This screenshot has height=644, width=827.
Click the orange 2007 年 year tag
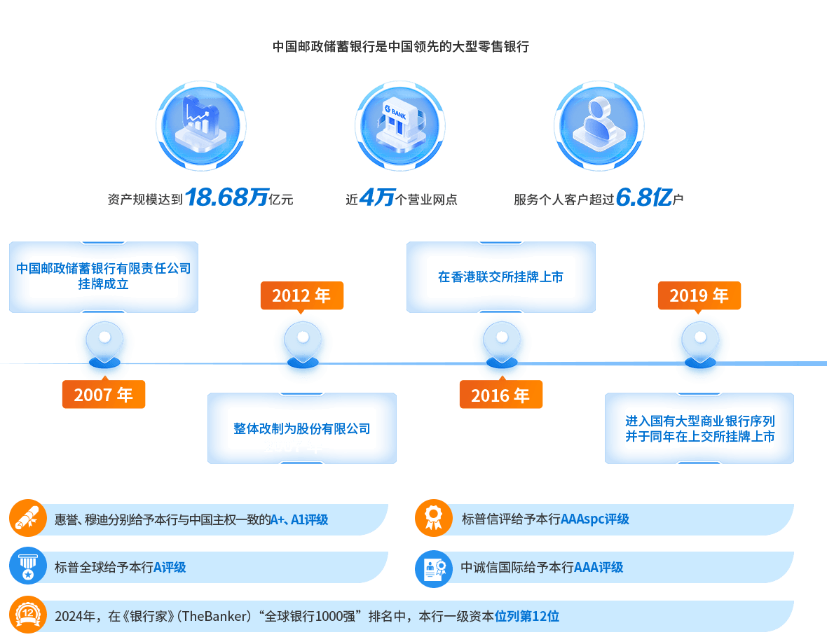tap(104, 394)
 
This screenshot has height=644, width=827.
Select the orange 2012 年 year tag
tap(301, 296)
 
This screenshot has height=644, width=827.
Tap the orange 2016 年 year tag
tap(500, 394)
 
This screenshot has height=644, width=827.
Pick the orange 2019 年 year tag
tap(699, 296)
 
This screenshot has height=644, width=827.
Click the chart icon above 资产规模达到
tap(201, 126)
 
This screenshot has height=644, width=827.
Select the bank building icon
tap(399, 126)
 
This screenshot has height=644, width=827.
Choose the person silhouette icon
tap(599, 126)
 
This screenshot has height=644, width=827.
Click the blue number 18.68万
tap(227, 197)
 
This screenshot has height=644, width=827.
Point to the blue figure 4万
tap(377, 197)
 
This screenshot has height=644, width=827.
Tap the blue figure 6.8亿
tap(644, 197)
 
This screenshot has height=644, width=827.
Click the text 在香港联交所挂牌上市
tap(500, 277)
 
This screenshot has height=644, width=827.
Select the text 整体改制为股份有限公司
tap(301, 428)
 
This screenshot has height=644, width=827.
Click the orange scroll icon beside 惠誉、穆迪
tap(28, 518)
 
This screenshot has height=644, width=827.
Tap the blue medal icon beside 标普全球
tap(28, 566)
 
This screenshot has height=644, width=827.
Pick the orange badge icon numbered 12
tap(28, 615)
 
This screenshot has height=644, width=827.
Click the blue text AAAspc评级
tap(595, 519)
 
